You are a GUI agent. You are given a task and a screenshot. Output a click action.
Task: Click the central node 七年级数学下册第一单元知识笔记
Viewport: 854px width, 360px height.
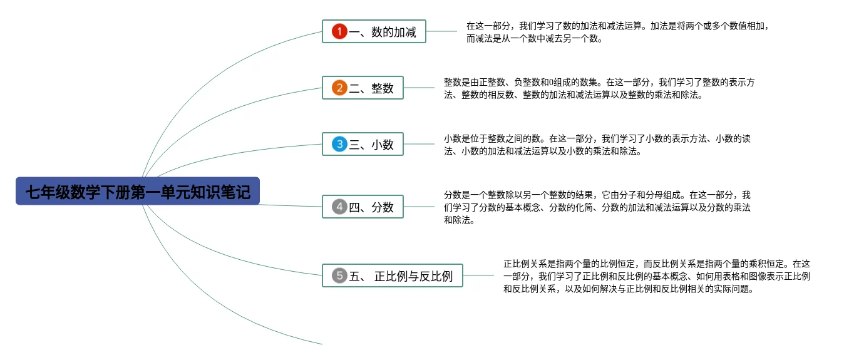[x=138, y=191]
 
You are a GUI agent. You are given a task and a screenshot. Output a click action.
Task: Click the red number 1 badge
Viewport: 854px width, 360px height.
[x=339, y=31]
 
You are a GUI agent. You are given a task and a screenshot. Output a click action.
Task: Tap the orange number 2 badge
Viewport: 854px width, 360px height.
[x=339, y=88]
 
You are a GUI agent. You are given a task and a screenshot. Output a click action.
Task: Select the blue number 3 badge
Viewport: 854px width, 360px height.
[x=339, y=144]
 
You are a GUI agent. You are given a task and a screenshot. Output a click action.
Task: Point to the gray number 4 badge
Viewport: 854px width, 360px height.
[x=339, y=207]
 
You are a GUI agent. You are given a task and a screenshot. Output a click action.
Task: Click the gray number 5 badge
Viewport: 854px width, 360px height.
[x=339, y=275]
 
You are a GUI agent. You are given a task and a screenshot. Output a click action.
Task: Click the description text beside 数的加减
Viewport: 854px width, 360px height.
[x=617, y=32]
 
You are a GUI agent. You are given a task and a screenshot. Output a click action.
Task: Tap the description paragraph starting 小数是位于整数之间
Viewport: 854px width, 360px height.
[x=597, y=145]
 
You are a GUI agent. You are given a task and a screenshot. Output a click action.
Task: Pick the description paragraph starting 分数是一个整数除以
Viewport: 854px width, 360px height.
[x=597, y=207]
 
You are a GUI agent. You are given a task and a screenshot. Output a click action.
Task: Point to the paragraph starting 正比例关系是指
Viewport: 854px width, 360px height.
[x=656, y=276]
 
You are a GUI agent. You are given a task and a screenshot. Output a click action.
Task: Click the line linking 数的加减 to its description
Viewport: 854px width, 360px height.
[x=441, y=31]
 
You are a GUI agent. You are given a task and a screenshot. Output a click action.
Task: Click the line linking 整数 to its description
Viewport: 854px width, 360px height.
[x=419, y=88]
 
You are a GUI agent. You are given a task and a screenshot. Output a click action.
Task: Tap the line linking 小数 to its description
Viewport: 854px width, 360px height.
[x=419, y=144]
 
